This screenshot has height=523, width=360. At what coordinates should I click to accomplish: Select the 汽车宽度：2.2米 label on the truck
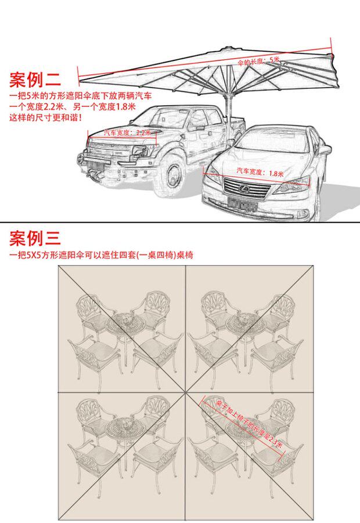127,132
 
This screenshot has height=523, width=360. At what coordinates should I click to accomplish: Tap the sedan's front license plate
242,203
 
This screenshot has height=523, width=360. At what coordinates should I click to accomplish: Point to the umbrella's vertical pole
228,105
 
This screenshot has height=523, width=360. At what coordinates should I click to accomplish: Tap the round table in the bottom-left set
123,428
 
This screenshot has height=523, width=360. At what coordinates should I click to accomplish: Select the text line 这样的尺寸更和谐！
45,117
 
